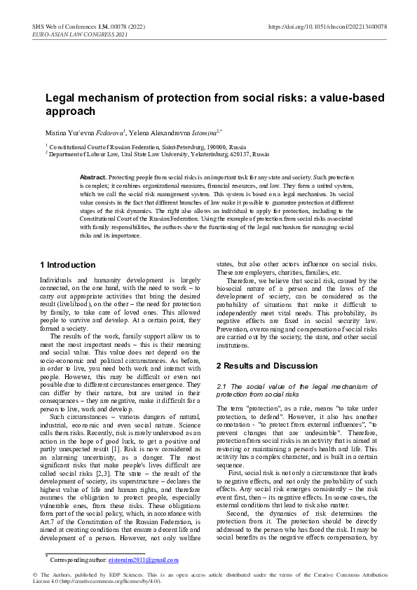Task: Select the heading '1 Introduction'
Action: pyautogui.click(x=67, y=265)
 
